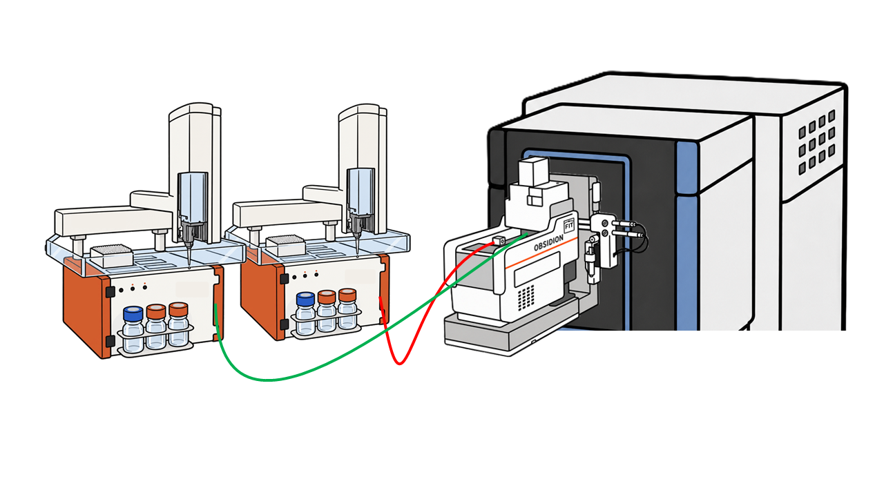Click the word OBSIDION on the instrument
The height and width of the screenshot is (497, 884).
pos(548,243)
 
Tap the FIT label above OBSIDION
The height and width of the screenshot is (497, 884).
pos(569,226)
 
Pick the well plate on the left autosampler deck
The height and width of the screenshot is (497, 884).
pos(112,255)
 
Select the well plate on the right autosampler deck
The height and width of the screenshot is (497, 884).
pos(285,244)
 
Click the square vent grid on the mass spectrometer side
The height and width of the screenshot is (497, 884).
pos(816,142)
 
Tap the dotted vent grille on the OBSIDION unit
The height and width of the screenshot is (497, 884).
pos(526,298)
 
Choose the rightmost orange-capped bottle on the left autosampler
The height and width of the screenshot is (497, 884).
pos(178,324)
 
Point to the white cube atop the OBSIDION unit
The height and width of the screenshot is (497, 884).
pos(533,171)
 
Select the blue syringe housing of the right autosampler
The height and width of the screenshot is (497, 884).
pos(361,191)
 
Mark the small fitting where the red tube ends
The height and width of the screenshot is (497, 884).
pos(499,240)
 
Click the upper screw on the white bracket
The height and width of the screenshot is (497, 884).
pos(605,224)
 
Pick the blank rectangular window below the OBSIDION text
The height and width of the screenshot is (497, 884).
pos(537,269)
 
